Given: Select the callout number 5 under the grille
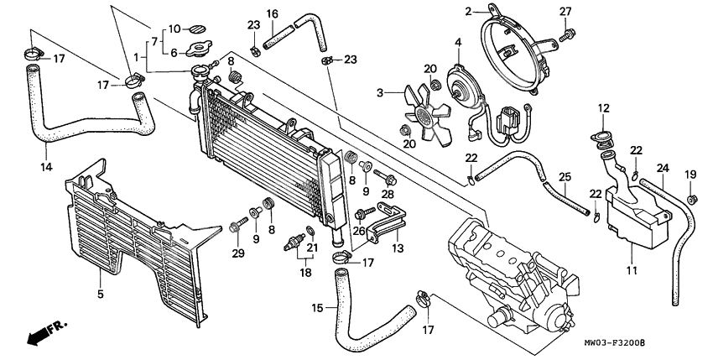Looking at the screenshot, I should tap(100, 295).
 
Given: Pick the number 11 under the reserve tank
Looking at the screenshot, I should tap(630, 270).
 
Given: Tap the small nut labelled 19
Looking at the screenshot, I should tap(689, 199).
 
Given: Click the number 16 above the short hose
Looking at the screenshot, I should tap(273, 13).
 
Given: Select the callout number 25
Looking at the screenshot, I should tap(565, 177).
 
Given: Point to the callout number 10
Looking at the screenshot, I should tap(174, 29).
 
